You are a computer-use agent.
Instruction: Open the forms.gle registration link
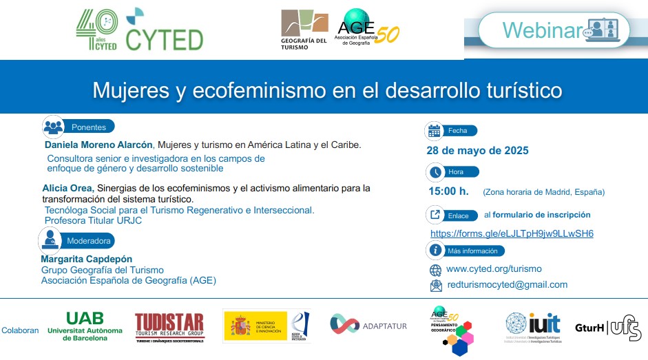point(512,233)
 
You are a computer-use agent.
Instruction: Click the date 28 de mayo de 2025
point(478,151)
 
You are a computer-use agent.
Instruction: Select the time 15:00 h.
point(448,191)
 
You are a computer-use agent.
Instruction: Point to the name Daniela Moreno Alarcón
point(100,145)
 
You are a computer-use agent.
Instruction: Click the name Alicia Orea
point(67,188)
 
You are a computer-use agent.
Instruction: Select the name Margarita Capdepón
point(87,259)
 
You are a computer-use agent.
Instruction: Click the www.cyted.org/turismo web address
point(494,269)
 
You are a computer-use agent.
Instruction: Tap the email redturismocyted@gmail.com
point(507,284)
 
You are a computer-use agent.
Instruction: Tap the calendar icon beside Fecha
point(435,130)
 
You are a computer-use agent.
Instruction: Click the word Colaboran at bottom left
point(20,330)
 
